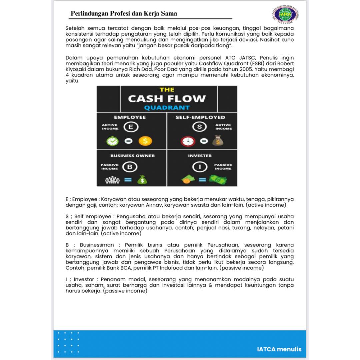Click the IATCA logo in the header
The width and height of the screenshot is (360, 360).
pos(284,14)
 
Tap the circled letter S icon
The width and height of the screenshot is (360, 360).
pos(199,127)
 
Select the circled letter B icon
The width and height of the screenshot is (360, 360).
pos(130,167)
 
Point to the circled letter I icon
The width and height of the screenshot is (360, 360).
pos(200,167)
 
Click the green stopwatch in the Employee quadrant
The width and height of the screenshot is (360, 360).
pos(112,141)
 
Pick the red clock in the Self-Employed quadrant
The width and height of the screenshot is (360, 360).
pos(188,141)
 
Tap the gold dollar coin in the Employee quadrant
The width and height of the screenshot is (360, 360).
pos(145,141)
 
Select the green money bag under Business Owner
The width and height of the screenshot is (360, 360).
pos(142,180)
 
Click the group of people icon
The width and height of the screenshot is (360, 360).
pos(112,180)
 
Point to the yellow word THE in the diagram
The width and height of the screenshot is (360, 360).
pos(167,90)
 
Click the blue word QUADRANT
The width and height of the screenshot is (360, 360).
pos(167,108)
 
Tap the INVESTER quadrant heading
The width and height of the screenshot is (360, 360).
pos(200,156)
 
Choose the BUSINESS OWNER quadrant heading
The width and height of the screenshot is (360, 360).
pos(133,156)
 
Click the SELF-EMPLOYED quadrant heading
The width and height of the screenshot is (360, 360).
pos(200,117)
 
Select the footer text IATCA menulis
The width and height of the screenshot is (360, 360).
pos(279,349)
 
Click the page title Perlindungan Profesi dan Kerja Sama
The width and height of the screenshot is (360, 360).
pos(124,14)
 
